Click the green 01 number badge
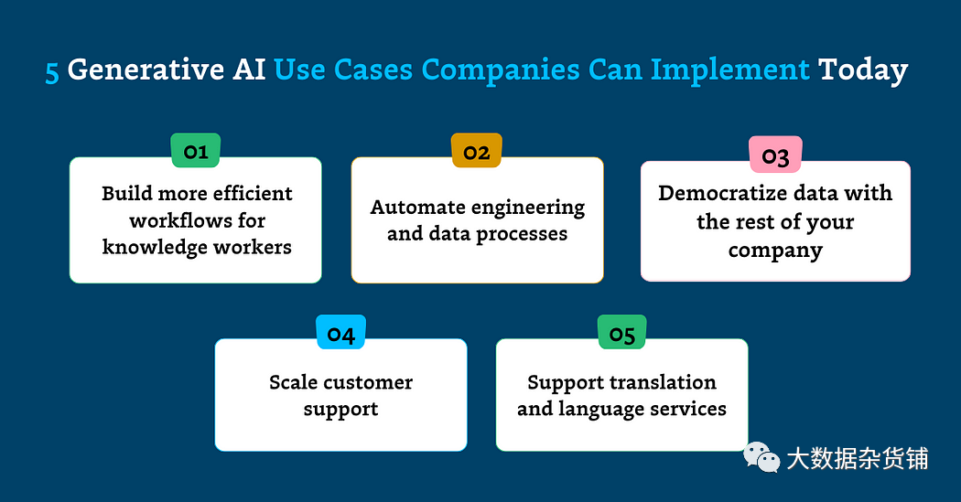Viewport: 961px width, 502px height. (x=196, y=150)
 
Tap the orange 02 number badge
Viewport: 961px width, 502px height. (x=476, y=150)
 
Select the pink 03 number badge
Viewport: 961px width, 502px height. (x=775, y=155)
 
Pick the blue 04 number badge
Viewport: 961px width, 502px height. (x=340, y=332)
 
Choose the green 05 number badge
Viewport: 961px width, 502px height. (x=621, y=332)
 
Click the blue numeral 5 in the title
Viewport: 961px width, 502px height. (x=52, y=71)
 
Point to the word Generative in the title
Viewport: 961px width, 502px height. (x=146, y=69)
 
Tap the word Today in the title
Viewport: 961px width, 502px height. (x=863, y=70)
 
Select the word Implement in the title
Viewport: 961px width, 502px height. (x=730, y=70)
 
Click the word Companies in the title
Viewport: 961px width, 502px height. (x=500, y=70)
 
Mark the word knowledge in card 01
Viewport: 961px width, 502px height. (x=155, y=247)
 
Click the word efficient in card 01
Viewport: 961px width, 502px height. (x=254, y=193)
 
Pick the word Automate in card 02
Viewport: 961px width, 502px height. (x=417, y=207)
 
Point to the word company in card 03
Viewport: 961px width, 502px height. (x=775, y=251)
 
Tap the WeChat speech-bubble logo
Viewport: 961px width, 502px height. (x=761, y=457)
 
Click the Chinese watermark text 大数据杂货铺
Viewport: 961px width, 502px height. (x=858, y=458)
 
